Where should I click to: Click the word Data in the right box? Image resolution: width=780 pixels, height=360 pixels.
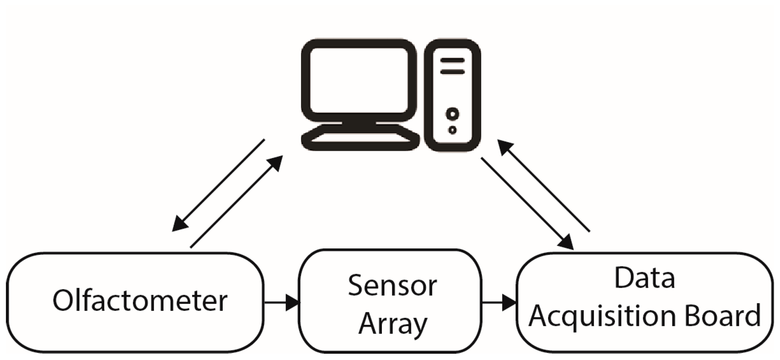click(644, 278)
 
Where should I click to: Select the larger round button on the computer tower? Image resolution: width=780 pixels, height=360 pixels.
click(452, 114)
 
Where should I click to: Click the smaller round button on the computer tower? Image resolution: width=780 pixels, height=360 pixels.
click(452, 130)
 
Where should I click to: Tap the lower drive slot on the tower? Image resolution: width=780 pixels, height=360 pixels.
click(452, 72)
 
